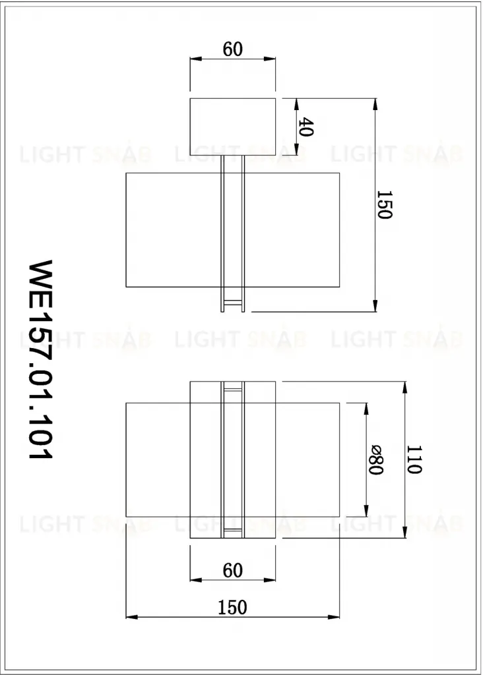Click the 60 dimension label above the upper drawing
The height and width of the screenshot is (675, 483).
[x=233, y=49]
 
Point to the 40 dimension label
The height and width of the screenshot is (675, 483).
[x=306, y=127]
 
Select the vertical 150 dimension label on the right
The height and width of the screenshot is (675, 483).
[x=384, y=205]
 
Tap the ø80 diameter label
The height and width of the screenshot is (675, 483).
[x=375, y=459]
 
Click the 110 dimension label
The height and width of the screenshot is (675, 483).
[x=414, y=459]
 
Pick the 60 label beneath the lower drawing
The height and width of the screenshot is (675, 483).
[x=233, y=570]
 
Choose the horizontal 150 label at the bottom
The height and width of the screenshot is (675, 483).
[x=233, y=607]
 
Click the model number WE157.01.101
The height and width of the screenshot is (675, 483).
[x=40, y=359]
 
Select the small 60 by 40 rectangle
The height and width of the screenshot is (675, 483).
[x=233, y=127]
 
